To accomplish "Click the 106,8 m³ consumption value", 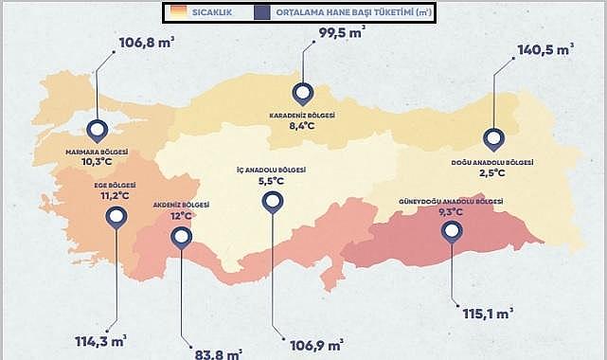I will [148, 43].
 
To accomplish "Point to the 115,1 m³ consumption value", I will [486, 311].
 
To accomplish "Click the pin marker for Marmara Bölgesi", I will [96, 132].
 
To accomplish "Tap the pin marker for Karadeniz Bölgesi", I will [303, 94].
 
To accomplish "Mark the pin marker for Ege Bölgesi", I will [116, 218].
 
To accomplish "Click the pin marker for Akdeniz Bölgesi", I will [181, 238].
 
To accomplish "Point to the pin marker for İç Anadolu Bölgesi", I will [273, 201].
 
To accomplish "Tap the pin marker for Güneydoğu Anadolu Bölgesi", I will [452, 231].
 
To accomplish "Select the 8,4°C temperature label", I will [302, 125].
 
